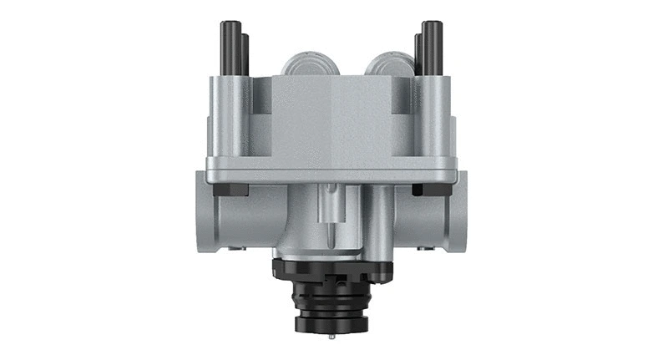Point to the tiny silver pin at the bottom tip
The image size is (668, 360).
tap(331, 340)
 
